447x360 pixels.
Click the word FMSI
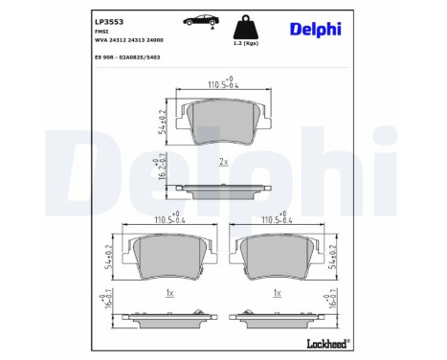pyautogui.click(x=101, y=32)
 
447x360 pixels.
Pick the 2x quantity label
pyautogui.click(x=223, y=162)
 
